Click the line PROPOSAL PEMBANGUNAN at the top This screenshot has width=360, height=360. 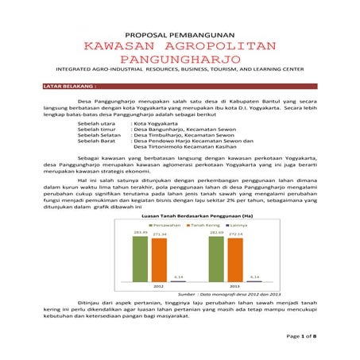180,34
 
